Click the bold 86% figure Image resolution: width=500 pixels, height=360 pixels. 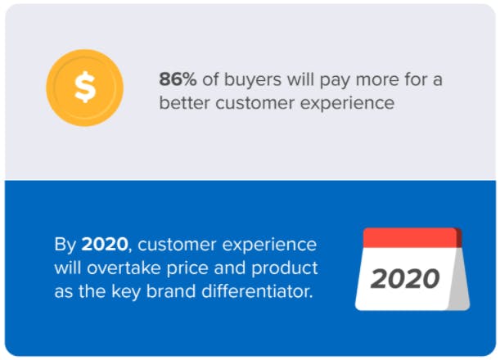178,79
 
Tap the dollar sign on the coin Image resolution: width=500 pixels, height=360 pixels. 85,87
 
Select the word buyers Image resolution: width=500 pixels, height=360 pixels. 253,80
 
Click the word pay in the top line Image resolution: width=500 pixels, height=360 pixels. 335,81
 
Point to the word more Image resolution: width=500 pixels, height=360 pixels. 377,79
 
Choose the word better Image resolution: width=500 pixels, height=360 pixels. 184,103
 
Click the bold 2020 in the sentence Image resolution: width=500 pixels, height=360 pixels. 105,245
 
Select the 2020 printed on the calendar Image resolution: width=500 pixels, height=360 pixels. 405,279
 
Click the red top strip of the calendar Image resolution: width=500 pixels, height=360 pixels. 411,237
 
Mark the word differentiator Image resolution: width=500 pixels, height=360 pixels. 257,291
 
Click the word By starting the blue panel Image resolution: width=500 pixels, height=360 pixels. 65,245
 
